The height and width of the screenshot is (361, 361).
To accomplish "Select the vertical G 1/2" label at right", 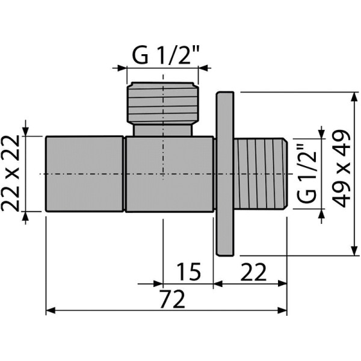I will click(307, 173).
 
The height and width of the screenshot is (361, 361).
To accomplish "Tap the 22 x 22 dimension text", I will click(13, 173).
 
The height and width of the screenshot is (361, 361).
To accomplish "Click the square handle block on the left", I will click(85, 174).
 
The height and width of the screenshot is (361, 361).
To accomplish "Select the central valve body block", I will click(169, 174).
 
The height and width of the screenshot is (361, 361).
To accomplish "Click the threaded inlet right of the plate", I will click(260, 174).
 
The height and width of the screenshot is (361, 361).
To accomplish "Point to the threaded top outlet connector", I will click(162, 103).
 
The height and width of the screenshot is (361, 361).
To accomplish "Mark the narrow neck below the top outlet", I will click(162, 130).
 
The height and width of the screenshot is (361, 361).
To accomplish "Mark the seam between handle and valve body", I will click(125, 174).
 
